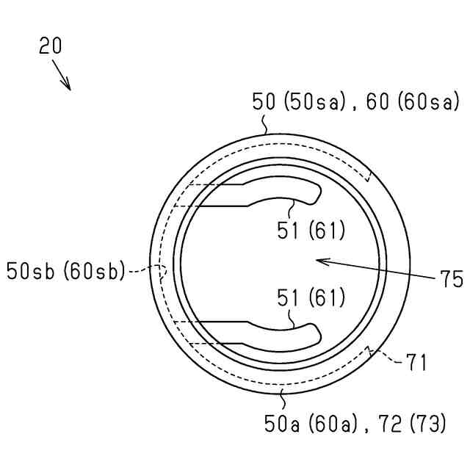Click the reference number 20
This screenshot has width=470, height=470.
click(x=51, y=46)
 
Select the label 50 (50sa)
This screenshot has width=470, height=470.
click(x=299, y=101)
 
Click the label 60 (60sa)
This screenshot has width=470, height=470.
click(x=413, y=101)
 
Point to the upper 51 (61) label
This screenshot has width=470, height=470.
click(x=311, y=231)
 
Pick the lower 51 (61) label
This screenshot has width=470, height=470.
click(x=311, y=297)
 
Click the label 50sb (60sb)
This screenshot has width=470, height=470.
click(x=65, y=271)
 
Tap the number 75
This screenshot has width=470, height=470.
click(x=452, y=279)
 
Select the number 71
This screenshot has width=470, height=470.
click(x=416, y=362)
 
